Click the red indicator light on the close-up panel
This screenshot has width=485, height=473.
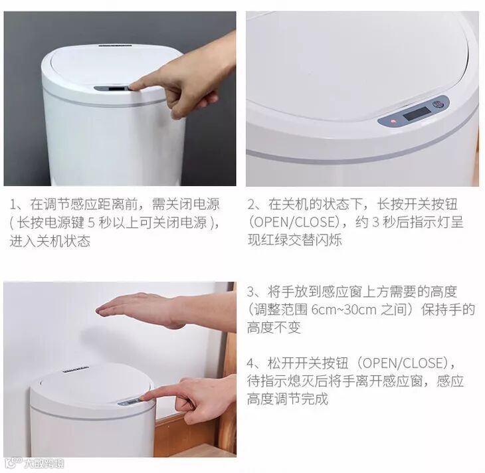[x=393, y=121]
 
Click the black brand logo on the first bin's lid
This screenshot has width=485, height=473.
[x=115, y=46]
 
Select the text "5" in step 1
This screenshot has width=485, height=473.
[x=91, y=223]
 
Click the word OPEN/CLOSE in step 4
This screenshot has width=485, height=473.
[x=403, y=363]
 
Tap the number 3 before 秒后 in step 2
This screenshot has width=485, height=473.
[x=375, y=222]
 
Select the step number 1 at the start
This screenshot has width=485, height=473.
[x=13, y=205]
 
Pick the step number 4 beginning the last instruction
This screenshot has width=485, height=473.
[x=250, y=363]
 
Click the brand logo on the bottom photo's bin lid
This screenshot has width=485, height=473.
[x=76, y=369]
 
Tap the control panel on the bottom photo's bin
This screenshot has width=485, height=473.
[x=130, y=402]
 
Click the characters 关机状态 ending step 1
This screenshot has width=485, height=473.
[x=63, y=241]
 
